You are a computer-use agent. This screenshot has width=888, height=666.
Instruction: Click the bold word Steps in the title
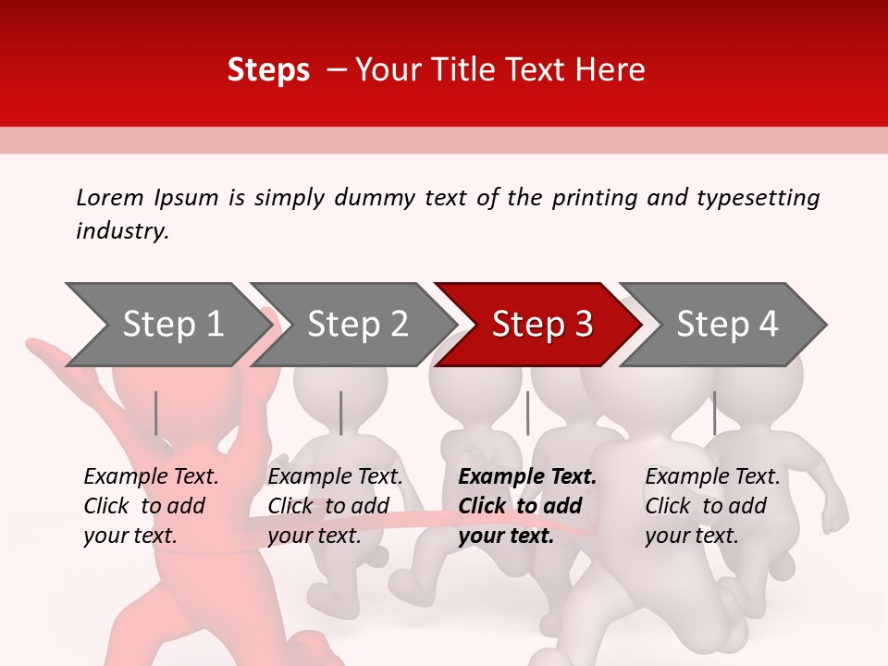click(268, 70)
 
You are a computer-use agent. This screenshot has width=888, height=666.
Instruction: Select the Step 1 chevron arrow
click(166, 325)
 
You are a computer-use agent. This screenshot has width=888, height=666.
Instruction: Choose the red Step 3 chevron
click(541, 325)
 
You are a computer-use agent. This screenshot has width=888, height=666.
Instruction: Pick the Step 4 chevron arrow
click(726, 325)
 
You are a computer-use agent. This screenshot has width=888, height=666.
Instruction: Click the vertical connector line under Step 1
click(156, 413)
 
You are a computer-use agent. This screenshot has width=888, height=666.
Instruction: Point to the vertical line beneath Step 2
click(341, 413)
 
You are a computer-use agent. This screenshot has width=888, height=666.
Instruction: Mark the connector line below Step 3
click(527, 413)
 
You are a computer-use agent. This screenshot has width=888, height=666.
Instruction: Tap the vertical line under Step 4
click(714, 413)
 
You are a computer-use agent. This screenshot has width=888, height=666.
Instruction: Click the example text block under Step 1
click(151, 506)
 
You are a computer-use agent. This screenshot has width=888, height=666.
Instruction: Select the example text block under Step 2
click(335, 506)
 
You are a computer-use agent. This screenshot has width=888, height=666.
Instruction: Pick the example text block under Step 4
click(712, 506)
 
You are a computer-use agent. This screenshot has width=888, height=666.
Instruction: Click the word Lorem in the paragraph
click(110, 197)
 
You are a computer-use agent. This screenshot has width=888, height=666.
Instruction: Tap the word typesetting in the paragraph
click(758, 197)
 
